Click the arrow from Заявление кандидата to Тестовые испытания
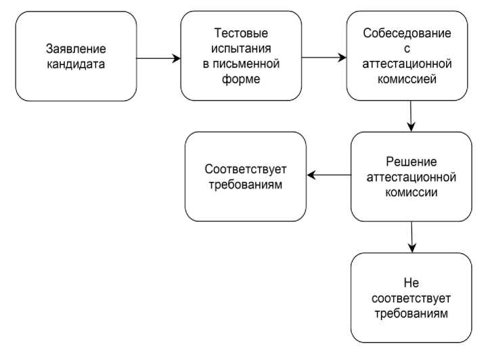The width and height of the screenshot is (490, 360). coord(158,59)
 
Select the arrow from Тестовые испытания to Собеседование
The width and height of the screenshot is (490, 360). coord(324,58)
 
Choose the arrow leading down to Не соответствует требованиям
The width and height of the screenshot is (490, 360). coord(411,237)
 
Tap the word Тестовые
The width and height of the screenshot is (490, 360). coord(240,34)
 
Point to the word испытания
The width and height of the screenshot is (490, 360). coord(240,49)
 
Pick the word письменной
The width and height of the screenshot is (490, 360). coord(246,65)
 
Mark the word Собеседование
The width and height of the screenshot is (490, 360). coord(406,33)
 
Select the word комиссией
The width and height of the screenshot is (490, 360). coord(406,80)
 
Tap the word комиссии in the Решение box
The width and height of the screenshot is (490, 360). coord(410,192)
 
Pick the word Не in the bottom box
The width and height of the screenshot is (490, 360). coord(411,282)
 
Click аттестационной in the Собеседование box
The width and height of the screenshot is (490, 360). coord(406,64)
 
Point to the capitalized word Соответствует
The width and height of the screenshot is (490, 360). coord(246,167)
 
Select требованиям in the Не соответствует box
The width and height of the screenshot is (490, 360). coord(411,313)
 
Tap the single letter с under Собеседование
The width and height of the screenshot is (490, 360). coord(406,49)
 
